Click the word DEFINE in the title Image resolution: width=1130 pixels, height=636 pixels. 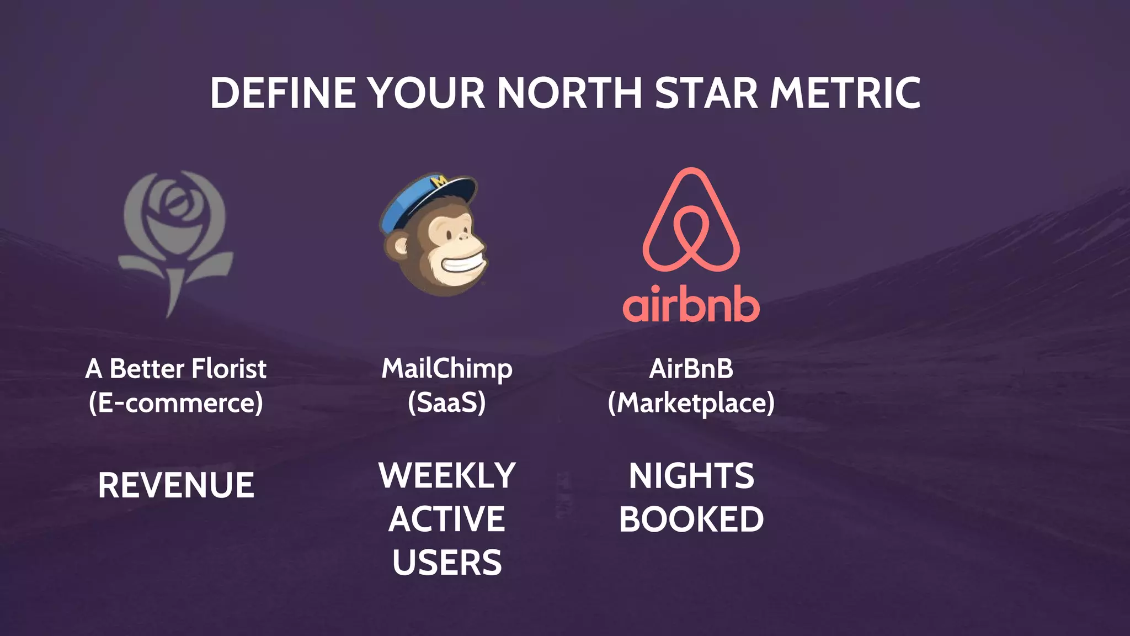pyautogui.click(x=282, y=93)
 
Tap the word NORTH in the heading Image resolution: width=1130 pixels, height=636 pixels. pyautogui.click(x=569, y=93)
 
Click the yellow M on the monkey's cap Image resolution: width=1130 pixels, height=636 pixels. pyautogui.click(x=440, y=181)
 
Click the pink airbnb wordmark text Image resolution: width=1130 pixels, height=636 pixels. pyautogui.click(x=691, y=304)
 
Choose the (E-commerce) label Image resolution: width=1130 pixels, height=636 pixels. pyautogui.click(x=175, y=402)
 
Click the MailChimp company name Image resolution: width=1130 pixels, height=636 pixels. pyautogui.click(x=447, y=369)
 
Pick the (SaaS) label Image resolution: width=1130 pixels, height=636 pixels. pyautogui.click(x=447, y=402)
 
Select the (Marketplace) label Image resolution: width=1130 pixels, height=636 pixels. pyautogui.click(x=691, y=402)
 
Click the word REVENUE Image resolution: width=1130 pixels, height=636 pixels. pyautogui.click(x=176, y=485)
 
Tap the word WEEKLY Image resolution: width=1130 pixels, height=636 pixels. pyautogui.click(x=447, y=475)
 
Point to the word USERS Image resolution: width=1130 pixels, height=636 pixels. pyautogui.click(x=447, y=563)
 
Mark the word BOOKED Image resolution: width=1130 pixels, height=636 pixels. pyautogui.click(x=691, y=520)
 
